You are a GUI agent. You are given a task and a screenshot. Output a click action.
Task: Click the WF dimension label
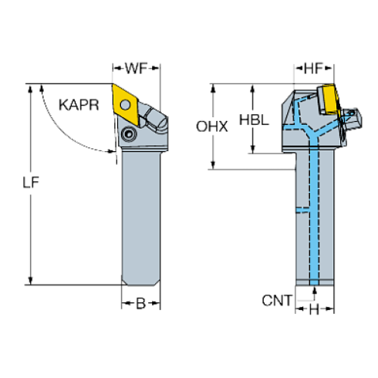pos(136,69)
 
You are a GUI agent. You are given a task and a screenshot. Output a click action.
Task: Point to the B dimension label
pos(141,304)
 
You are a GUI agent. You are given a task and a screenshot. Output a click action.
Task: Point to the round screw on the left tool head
pos(128,136)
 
